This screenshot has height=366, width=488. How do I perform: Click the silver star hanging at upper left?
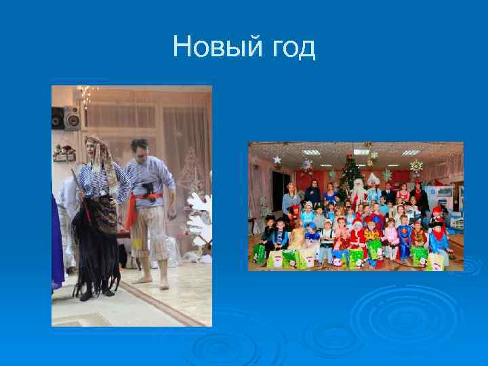pyautogui.click(x=277, y=159)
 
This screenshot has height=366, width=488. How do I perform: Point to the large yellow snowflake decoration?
pyautogui.click(x=415, y=166)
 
